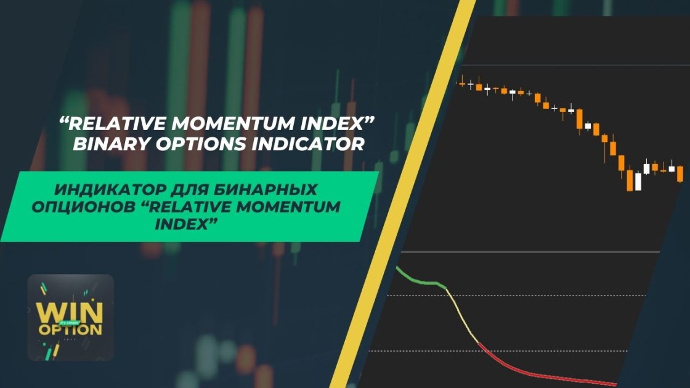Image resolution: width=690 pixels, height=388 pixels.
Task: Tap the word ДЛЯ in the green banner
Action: (x=189, y=190)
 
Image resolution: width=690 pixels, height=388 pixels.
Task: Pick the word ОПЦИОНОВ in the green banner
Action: (x=84, y=207)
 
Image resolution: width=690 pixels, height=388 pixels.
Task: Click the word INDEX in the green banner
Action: (x=187, y=224)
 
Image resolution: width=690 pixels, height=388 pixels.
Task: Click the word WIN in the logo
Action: (x=70, y=312)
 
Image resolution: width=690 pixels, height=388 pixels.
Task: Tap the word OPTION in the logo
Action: (x=70, y=329)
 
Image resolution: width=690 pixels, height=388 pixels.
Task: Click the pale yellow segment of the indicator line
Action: (x=462, y=315)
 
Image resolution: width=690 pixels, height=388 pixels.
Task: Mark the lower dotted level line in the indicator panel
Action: (x=498, y=351)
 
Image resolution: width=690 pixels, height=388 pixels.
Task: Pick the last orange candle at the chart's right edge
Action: (x=680, y=173)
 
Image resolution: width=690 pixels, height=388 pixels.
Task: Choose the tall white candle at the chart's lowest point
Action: (x=638, y=181)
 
